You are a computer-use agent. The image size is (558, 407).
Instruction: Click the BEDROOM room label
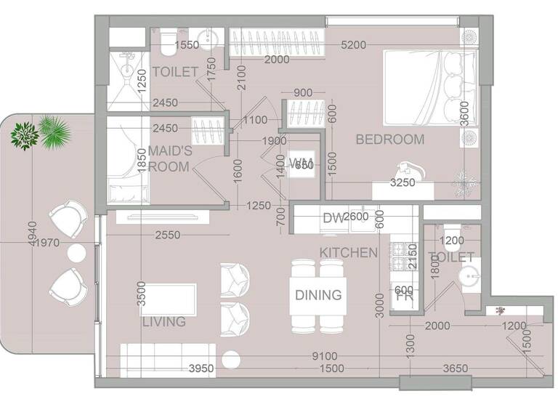pyautogui.click(x=389, y=140)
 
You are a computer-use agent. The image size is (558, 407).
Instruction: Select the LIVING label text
pyautogui.click(x=163, y=321)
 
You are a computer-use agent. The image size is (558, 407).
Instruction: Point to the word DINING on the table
pyautogui.click(x=318, y=295)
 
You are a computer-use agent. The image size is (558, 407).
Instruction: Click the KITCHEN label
pyautogui.click(x=349, y=253)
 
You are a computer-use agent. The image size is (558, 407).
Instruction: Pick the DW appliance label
pyautogui.click(x=332, y=217)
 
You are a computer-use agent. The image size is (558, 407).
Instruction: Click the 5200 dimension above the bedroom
pyautogui.click(x=353, y=45)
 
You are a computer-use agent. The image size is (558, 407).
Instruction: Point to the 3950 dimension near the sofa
pyautogui.click(x=201, y=369)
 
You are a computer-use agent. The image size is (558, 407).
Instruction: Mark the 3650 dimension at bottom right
pyautogui.click(x=457, y=369)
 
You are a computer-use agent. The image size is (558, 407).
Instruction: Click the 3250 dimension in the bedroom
pyautogui.click(x=403, y=182)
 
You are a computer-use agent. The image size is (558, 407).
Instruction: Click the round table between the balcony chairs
pyautogui.click(x=76, y=252)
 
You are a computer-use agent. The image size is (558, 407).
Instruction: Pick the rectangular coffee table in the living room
pyautogui.click(x=168, y=299)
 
